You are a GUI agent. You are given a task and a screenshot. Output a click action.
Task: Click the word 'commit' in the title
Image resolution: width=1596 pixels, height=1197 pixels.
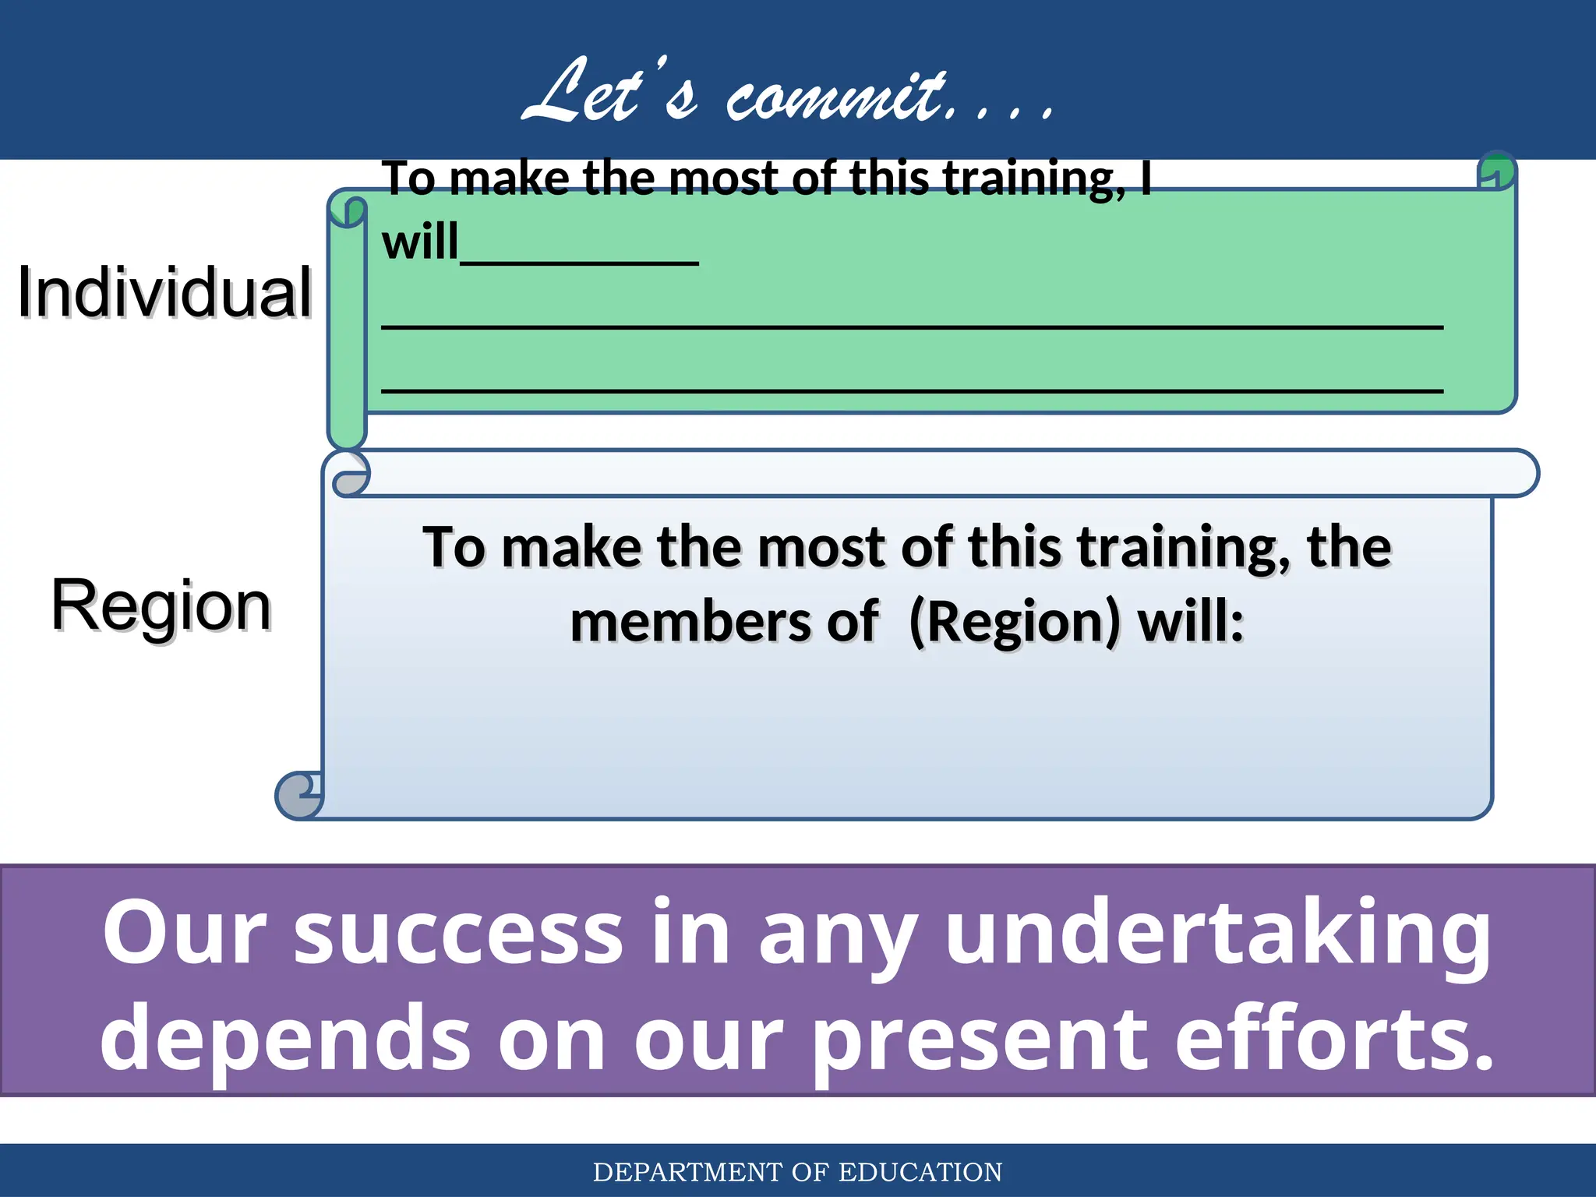(838, 97)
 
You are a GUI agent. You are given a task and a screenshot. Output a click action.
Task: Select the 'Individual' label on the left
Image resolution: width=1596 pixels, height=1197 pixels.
(164, 292)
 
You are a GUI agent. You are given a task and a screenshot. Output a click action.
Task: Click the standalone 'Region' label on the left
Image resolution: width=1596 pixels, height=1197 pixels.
(161, 606)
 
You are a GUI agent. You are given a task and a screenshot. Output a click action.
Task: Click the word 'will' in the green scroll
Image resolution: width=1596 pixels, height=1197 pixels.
(420, 242)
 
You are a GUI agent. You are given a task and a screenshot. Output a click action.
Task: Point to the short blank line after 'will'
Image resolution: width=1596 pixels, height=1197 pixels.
(579, 261)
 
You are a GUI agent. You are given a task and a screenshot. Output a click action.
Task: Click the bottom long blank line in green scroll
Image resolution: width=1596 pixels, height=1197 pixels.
(912, 389)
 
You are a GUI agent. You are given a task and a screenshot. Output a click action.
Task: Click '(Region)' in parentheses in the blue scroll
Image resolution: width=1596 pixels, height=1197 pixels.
(1015, 623)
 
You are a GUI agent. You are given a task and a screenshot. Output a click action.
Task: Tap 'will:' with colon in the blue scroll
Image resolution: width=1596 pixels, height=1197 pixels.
(1191, 623)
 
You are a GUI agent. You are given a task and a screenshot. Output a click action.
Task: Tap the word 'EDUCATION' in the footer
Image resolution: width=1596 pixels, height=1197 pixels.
(920, 1172)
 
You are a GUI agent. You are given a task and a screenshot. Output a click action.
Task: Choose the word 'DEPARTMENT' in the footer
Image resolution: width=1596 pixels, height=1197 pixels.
(687, 1172)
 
